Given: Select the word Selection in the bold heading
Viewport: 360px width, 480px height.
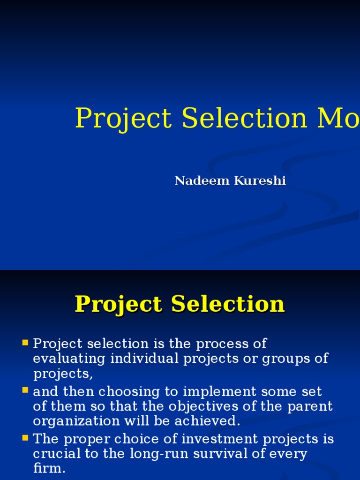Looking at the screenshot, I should coord(228,304).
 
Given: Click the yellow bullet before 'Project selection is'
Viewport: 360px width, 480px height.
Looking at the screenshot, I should coord(25,343).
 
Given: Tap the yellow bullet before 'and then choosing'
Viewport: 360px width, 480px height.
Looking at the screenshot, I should coord(25,390).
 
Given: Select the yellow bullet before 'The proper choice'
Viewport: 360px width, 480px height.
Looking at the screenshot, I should coord(25,438).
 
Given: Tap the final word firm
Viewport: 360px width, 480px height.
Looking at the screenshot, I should coord(49,469).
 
